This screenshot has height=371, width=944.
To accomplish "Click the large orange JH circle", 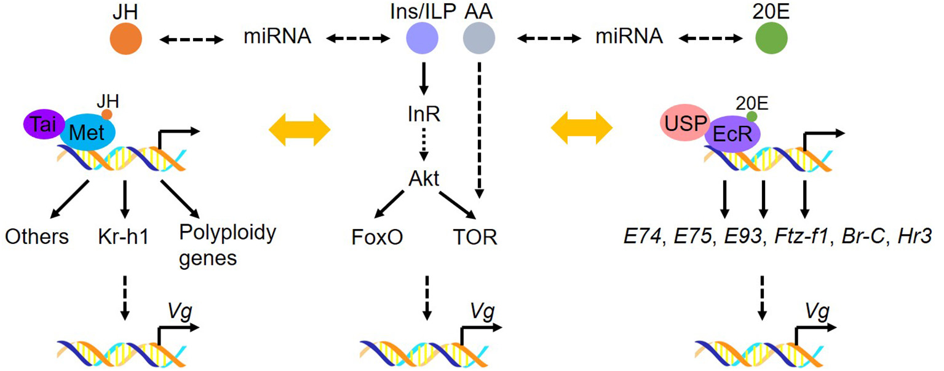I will click(126, 39).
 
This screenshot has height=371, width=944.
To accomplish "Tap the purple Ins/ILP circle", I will click(422, 39).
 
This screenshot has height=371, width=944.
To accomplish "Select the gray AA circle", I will click(478, 39).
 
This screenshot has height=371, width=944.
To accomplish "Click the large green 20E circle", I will click(771, 39).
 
